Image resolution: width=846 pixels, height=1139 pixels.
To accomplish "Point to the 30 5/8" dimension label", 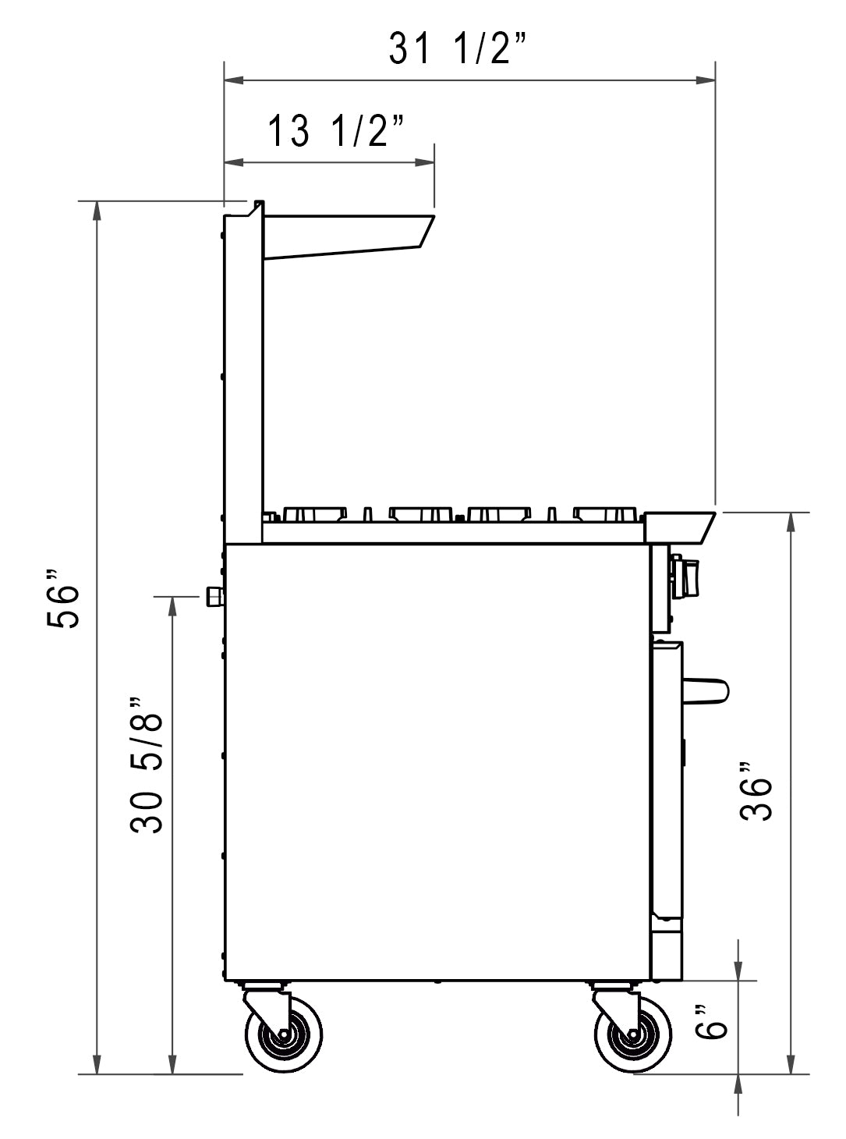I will (x=147, y=765).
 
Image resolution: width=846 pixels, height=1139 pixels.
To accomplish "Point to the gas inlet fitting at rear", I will (x=214, y=598).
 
